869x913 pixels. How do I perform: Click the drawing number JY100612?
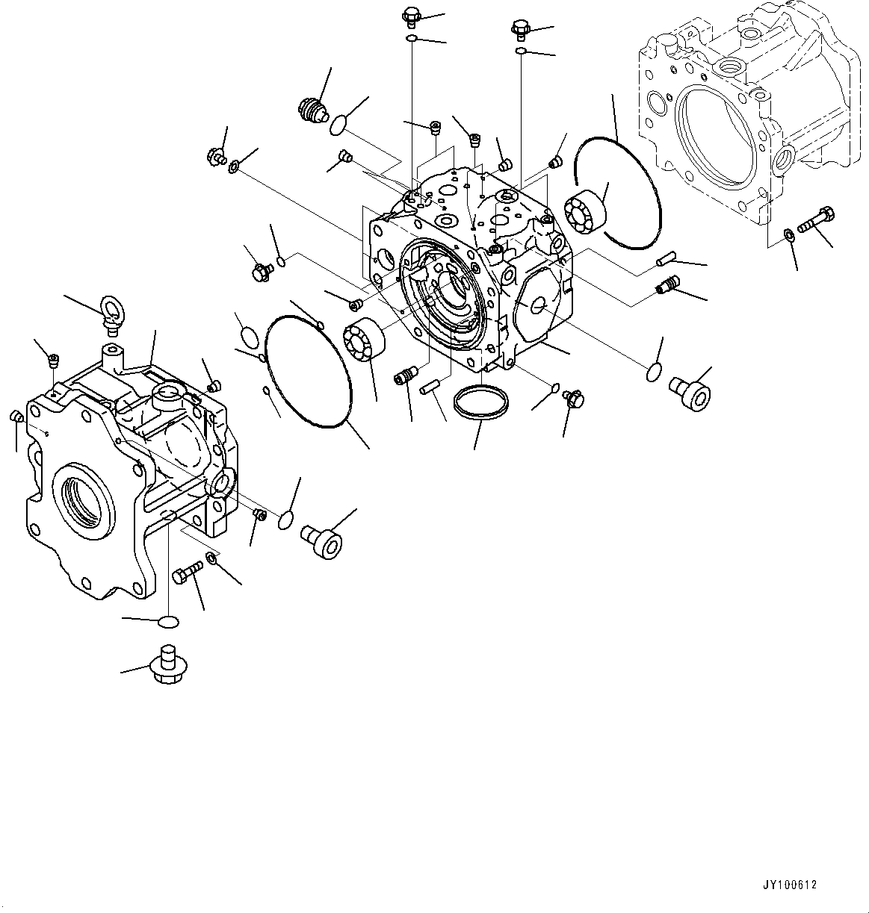click(x=790, y=885)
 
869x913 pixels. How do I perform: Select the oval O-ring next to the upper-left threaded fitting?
click(x=340, y=125)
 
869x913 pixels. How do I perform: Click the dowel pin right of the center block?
click(x=665, y=260)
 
